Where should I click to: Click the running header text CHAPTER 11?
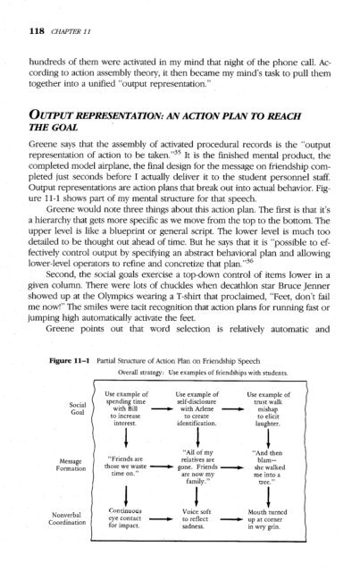(56, 14)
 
